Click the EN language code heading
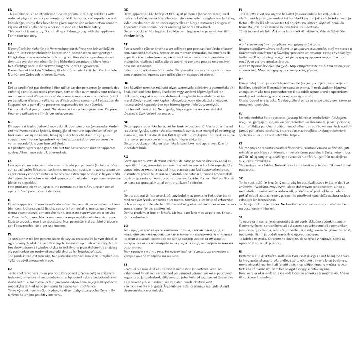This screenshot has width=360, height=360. point(10,9)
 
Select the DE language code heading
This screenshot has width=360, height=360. point(10,44)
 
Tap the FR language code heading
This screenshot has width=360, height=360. point(10,83)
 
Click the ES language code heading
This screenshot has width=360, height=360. point(10,160)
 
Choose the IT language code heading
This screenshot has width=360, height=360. point(9,199)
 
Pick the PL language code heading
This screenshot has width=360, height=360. point(10,234)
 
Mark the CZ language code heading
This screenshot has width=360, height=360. point(10,268)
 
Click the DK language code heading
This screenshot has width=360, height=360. point(126,9)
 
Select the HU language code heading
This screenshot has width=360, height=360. point(126,83)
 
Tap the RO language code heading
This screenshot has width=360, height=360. point(126,156)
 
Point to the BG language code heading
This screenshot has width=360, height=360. point(126,225)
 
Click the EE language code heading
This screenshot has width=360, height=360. point(126,264)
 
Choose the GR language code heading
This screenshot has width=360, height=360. point(241,40)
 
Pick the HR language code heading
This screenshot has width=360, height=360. point(241,78)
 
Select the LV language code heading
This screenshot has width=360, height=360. point(241,113)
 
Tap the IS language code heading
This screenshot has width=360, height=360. point(240,251)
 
